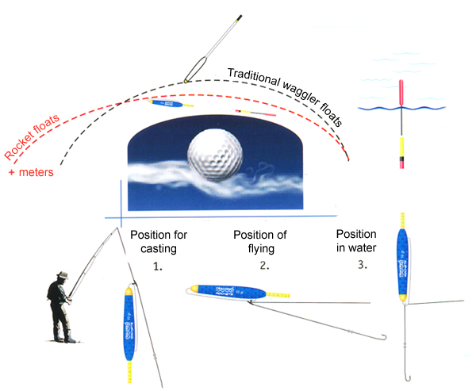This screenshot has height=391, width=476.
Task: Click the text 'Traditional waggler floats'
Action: [x=286, y=97]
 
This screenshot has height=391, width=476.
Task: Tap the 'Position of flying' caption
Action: [x=259, y=242]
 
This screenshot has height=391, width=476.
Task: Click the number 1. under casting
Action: [x=157, y=266]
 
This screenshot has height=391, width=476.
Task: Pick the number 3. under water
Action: [x=363, y=264]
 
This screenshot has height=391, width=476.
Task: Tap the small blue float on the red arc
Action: [x=173, y=104]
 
